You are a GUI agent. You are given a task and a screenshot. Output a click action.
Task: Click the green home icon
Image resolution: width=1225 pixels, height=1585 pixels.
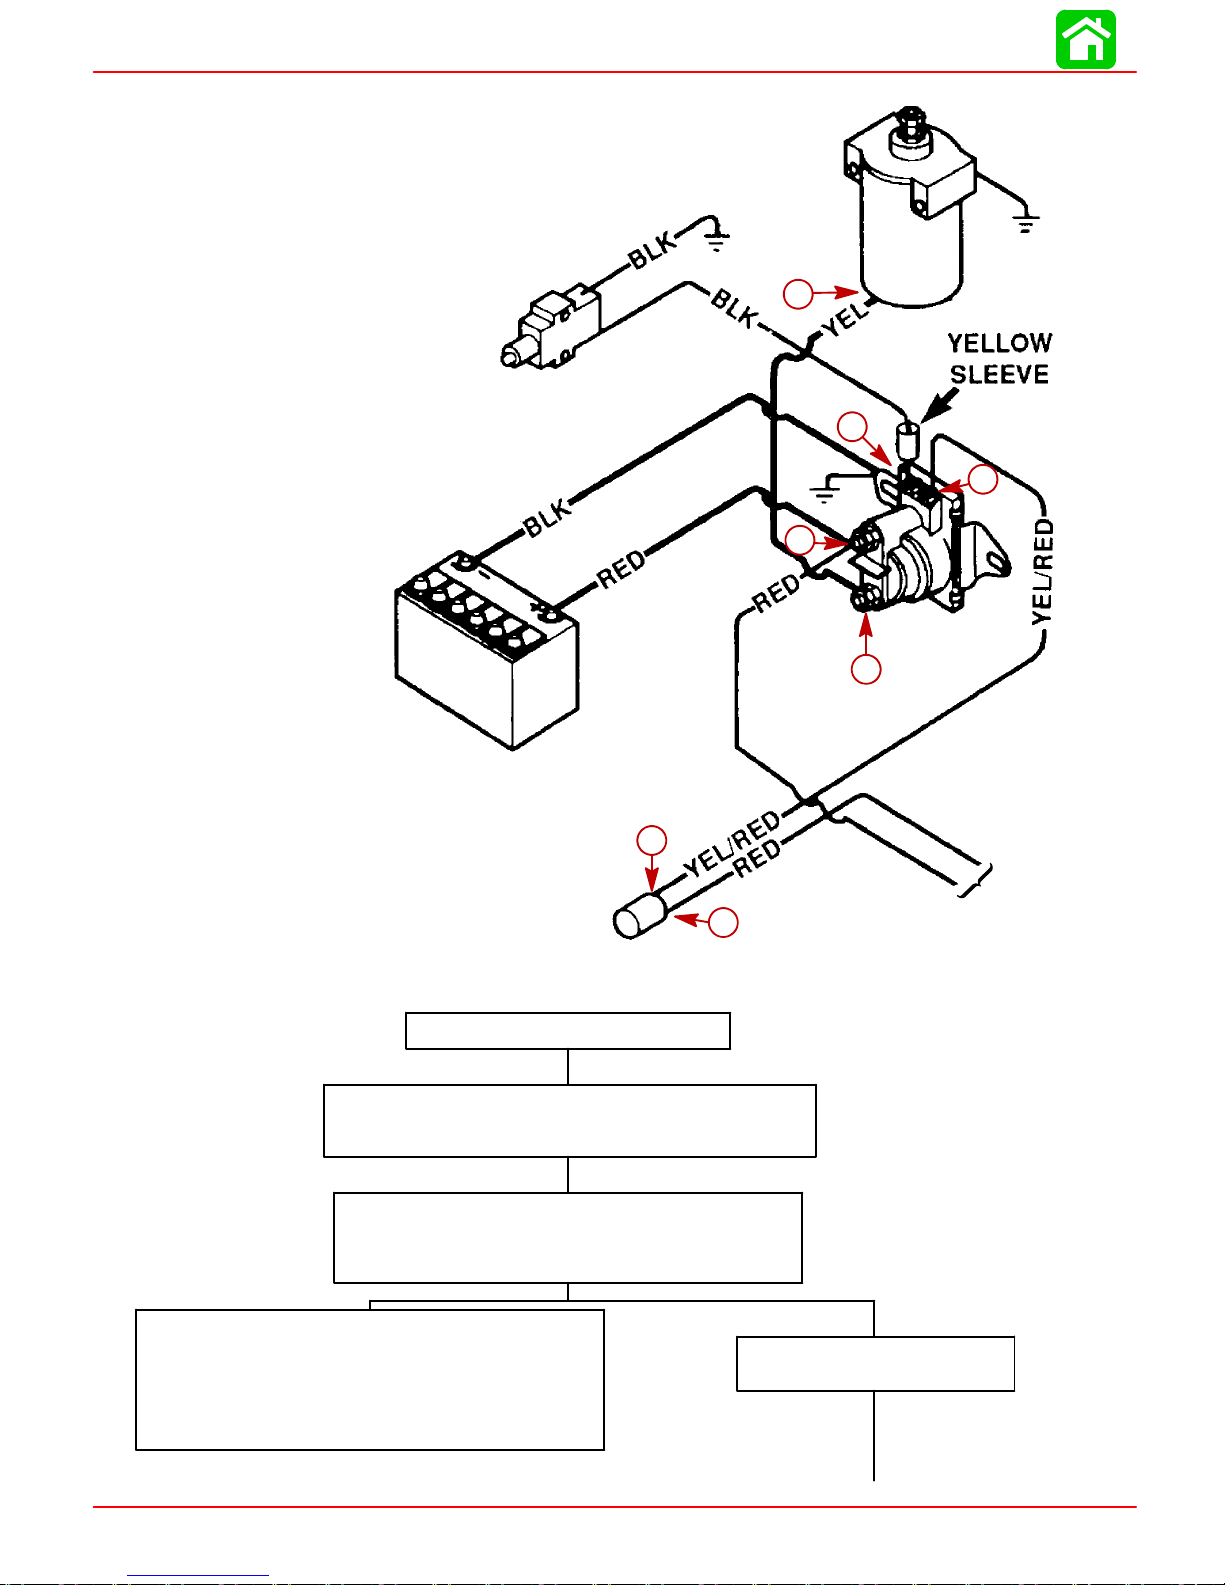(1086, 39)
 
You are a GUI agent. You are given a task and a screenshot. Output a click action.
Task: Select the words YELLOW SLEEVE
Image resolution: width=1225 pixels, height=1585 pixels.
(1000, 359)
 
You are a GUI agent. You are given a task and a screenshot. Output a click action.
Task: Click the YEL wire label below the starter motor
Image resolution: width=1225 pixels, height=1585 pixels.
(847, 318)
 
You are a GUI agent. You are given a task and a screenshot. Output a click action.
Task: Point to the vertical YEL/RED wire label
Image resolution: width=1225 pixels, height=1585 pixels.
(1043, 572)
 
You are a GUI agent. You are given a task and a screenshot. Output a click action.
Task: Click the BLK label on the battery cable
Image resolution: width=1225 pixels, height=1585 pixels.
(548, 517)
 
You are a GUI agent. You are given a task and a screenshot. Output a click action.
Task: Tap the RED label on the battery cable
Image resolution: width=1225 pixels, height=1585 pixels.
(621, 569)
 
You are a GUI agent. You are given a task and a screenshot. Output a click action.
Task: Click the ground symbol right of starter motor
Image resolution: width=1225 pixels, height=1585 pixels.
(1026, 221)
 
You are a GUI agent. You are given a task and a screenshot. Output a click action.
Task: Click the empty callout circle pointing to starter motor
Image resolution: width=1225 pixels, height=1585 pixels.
(798, 294)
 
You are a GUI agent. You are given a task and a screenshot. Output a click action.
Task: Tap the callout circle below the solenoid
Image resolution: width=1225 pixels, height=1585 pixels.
(866, 669)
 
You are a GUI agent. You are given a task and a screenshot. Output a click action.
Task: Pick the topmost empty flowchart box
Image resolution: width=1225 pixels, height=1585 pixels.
(568, 1031)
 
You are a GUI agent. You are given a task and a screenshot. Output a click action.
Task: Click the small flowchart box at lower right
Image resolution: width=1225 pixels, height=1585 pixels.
(875, 1364)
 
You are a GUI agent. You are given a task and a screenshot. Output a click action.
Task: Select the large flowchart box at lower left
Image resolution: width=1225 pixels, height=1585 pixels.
(370, 1380)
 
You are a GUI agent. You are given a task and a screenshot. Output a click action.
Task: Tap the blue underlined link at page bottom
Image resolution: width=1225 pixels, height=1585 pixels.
(198, 1575)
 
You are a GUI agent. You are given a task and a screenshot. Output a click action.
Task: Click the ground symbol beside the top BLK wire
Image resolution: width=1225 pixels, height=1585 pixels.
(717, 239)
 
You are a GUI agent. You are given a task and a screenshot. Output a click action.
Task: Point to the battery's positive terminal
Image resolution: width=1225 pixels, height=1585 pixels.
(548, 613)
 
